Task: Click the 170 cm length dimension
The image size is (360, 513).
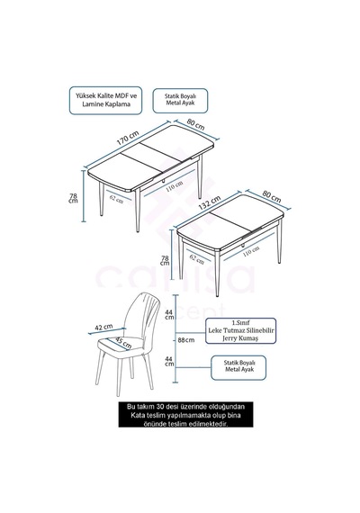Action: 128,138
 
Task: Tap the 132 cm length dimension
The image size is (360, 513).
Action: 210,202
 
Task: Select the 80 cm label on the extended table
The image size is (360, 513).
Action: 195,124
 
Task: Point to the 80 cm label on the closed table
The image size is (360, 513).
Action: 271,196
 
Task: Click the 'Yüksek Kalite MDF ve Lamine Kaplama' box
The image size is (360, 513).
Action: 105,100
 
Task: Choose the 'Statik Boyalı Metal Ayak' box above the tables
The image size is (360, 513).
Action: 180,100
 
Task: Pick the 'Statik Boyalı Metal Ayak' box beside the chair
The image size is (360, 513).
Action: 238,368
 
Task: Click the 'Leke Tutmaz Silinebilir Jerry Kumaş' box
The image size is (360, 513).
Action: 241,331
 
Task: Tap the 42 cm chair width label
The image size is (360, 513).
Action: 103,328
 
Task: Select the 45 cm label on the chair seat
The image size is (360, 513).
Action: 123,343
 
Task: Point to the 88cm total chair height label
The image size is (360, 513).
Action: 186,340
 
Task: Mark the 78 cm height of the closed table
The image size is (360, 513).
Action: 165,261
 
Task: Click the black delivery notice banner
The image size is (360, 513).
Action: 186,415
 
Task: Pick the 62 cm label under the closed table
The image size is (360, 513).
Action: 197,260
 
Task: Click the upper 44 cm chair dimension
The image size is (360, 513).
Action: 169,315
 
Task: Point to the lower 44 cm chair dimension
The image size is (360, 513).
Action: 169,361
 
